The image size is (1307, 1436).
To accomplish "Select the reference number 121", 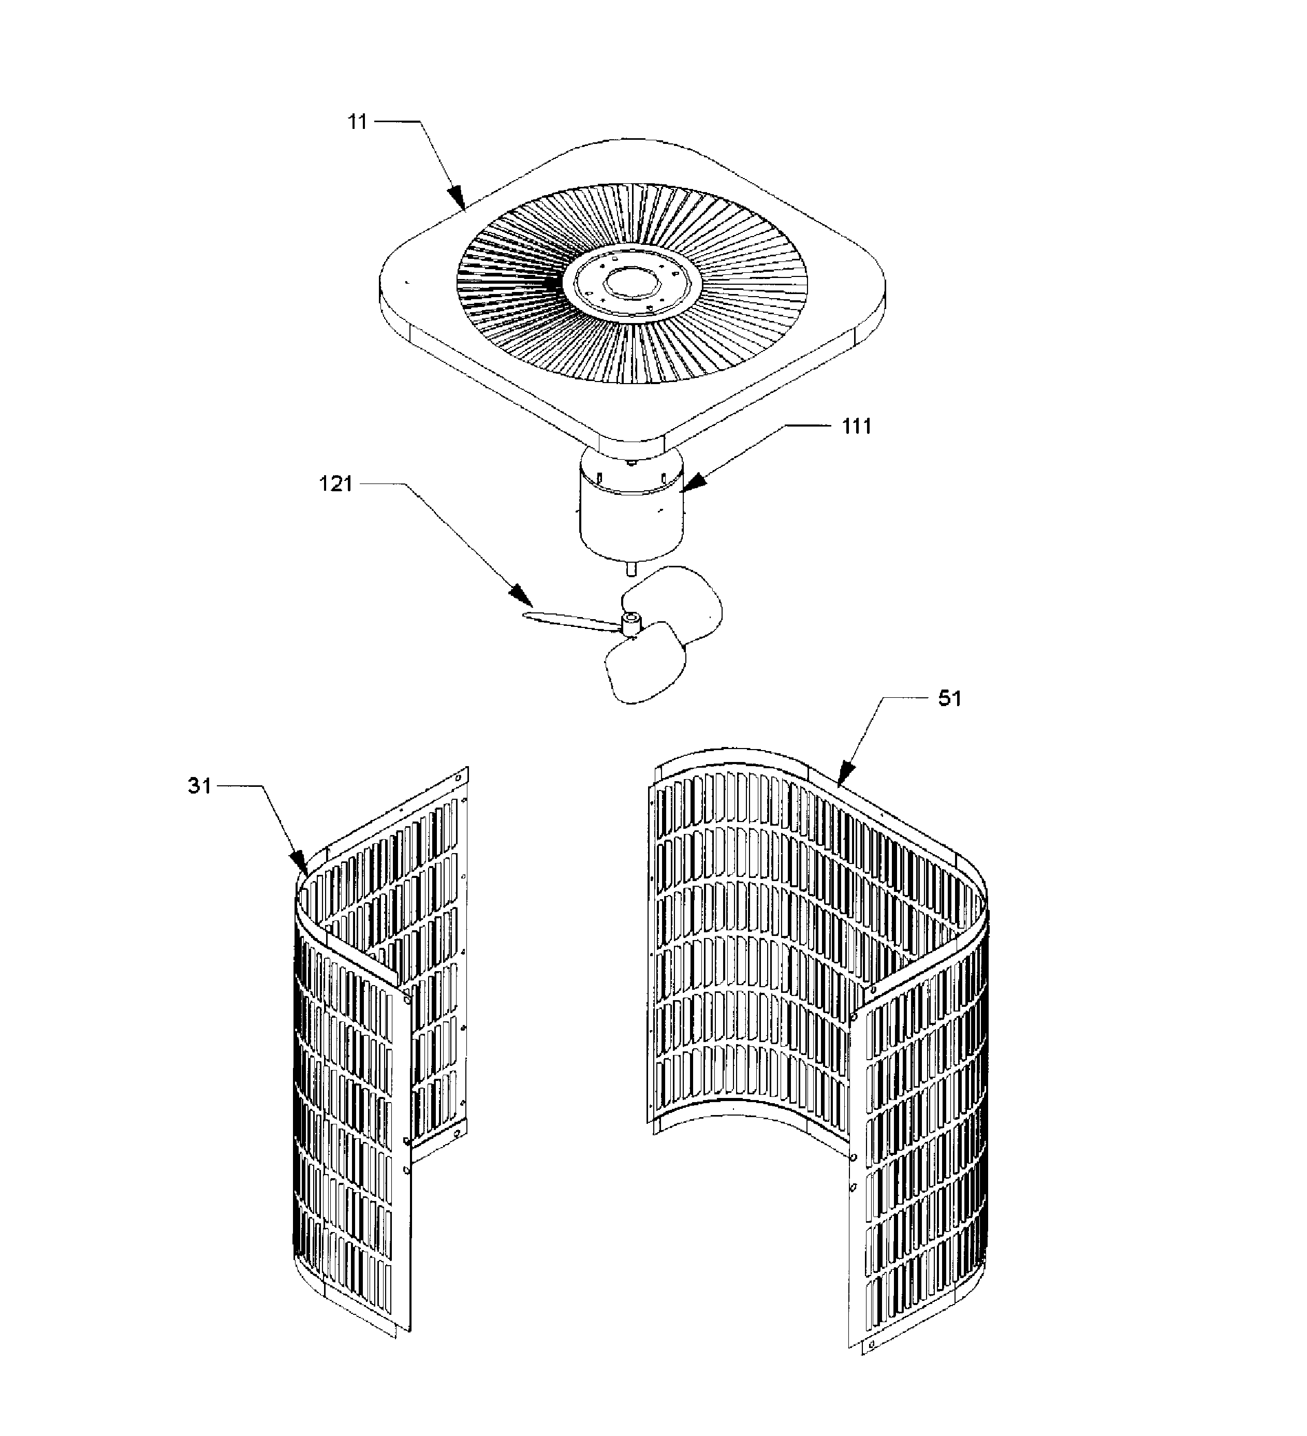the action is tap(335, 485).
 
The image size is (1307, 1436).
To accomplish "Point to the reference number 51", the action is tap(949, 699).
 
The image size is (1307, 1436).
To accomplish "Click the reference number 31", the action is tap(199, 786).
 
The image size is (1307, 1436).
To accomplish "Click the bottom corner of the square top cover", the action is tap(632, 436).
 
